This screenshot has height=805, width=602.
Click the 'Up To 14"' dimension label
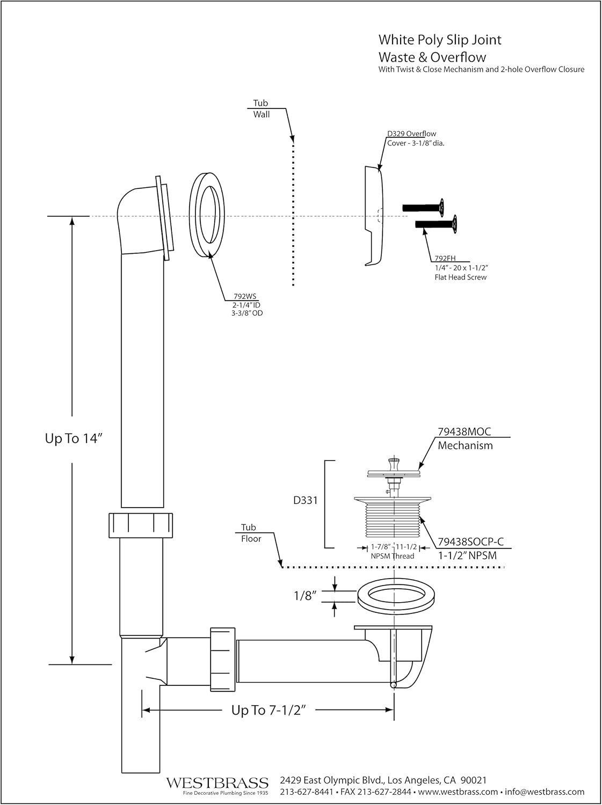coord(74,438)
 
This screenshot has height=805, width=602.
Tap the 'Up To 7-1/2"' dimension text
coord(269,710)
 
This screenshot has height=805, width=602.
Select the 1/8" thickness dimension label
coord(303,595)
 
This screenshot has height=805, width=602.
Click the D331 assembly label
coord(306,500)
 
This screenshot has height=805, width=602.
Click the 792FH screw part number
coord(445,258)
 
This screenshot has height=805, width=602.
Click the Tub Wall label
coord(262,108)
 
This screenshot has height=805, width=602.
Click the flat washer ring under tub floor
coord(395,595)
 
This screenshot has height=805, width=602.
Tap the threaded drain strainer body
coord(395,518)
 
